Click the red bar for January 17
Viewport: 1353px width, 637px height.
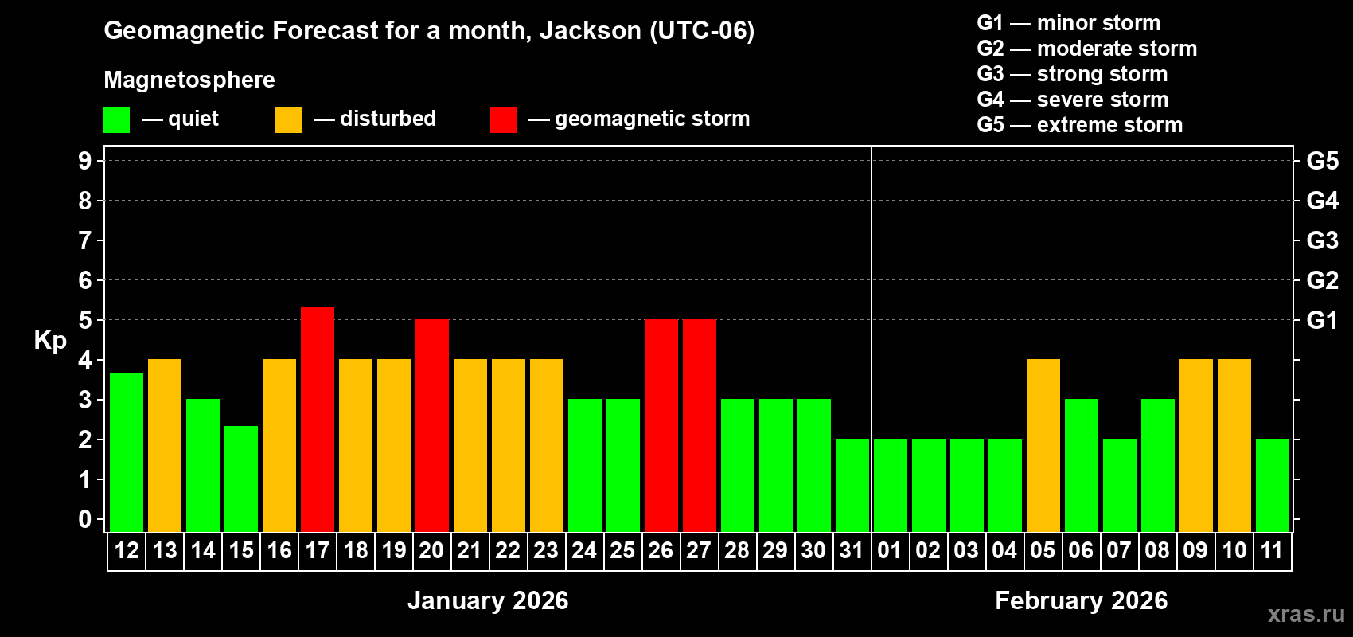(x=318, y=419)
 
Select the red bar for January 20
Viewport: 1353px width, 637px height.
(x=432, y=425)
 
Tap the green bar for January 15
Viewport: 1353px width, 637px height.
(x=241, y=479)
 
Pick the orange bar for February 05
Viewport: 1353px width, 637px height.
(x=1043, y=445)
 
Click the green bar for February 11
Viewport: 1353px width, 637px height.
(x=1273, y=485)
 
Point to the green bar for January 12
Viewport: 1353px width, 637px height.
(x=127, y=451)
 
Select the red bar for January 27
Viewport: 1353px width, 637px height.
(x=700, y=425)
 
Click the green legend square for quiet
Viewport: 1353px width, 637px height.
(x=116, y=120)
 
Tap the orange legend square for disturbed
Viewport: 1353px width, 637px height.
(x=288, y=120)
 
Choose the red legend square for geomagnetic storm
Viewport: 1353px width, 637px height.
(x=503, y=120)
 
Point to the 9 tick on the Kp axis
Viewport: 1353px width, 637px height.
(x=85, y=161)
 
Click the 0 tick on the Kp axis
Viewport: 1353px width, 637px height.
(x=85, y=520)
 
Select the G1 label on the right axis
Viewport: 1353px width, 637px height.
(x=1322, y=320)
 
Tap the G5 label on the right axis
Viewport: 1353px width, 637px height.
(x=1322, y=161)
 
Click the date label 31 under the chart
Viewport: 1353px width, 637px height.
(x=852, y=550)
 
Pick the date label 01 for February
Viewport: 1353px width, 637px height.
(x=890, y=550)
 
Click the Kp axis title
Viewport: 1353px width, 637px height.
(x=50, y=341)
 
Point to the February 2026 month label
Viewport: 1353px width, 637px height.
(x=1081, y=600)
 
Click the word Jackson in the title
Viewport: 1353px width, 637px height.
(x=590, y=30)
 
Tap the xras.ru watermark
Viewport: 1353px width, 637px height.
(x=1306, y=613)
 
